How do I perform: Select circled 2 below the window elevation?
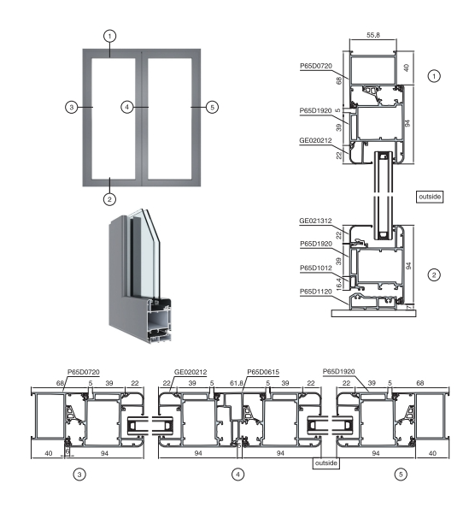108,199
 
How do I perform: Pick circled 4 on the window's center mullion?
127,107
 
